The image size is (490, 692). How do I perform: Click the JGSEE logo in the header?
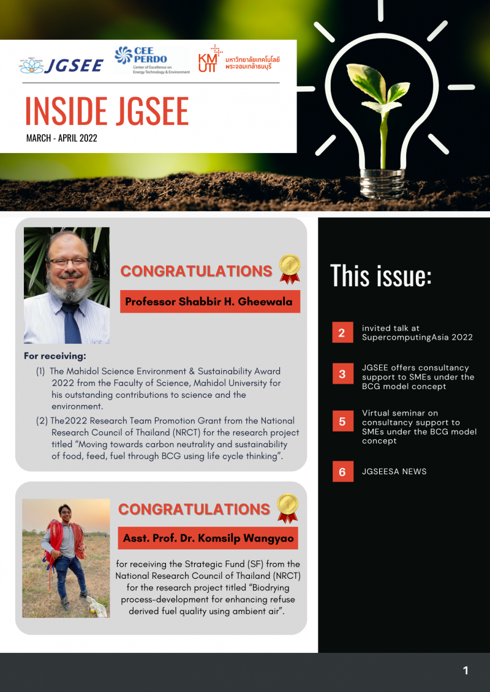pos(61,64)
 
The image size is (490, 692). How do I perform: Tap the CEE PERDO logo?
pos(152,60)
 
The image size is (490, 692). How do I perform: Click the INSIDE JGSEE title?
pos(107,111)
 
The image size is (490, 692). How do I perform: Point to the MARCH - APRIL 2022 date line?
pos(61,138)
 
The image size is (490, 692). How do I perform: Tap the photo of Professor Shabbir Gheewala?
pos(66,285)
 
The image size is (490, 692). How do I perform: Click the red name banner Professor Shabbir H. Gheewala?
pos(209,301)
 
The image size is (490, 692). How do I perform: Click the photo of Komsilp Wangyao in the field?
pos(66,558)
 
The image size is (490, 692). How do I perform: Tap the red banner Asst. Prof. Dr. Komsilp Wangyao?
pos(208,538)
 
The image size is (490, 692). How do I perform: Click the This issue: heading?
pos(381,276)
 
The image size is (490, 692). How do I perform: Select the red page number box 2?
pos(342,333)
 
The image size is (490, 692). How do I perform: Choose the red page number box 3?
pos(342,374)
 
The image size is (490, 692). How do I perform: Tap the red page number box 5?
pos(342,422)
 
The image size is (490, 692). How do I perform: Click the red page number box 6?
pos(342,472)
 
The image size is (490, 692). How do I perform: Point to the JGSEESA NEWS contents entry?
pos(394,471)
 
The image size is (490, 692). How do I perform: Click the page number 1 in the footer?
pos(466,671)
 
